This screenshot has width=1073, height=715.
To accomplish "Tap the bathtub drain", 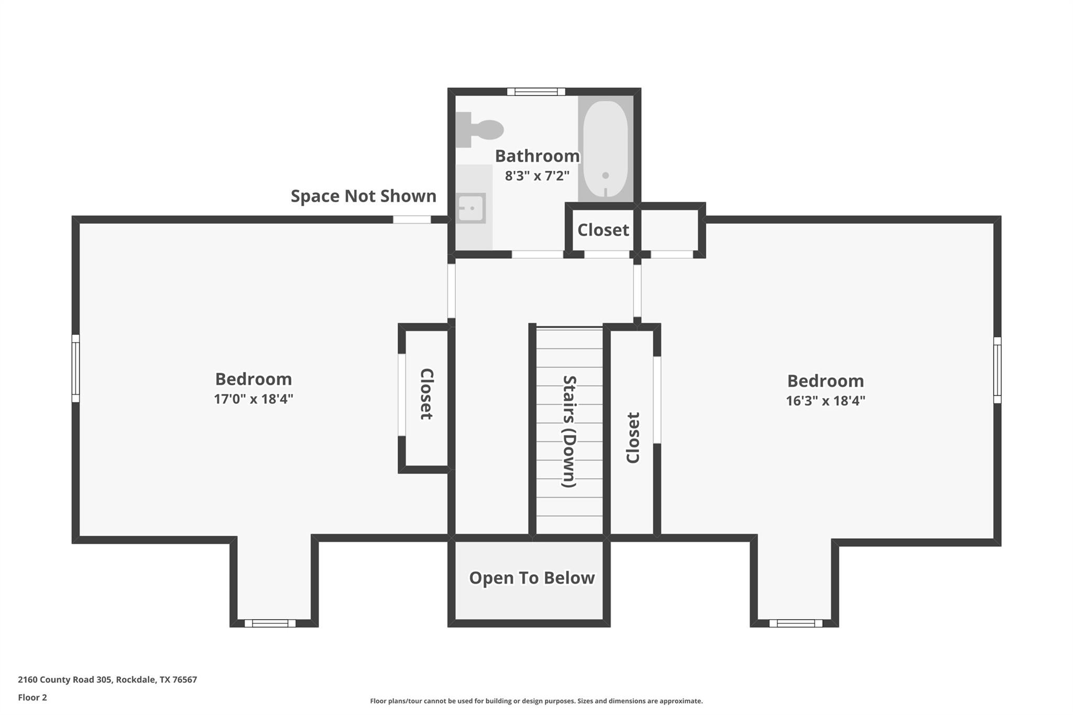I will click(605, 175).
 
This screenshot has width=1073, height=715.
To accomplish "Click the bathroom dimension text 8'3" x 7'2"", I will click(537, 176).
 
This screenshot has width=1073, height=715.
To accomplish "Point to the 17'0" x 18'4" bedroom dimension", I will click(253, 399).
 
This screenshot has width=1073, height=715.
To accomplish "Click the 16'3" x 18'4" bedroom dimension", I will click(825, 401).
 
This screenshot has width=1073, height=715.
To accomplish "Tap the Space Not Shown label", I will click(363, 196).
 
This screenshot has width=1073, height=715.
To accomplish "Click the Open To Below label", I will click(531, 578).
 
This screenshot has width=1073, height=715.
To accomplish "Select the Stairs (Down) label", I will click(569, 431).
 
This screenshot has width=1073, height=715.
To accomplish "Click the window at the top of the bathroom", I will click(536, 92).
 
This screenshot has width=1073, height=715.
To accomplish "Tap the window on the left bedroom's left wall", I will click(75, 368).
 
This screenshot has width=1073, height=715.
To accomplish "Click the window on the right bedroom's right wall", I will click(997, 370).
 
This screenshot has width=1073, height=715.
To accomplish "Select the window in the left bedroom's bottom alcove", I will click(270, 623).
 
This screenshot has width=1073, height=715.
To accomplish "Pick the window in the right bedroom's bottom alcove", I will click(795, 623).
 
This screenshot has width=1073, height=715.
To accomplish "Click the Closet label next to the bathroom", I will click(603, 230).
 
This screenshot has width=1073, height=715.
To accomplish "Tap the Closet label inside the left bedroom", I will click(426, 394).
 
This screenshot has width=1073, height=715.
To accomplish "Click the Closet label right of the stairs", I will click(633, 437).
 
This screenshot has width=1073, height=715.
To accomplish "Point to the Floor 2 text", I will click(32, 697).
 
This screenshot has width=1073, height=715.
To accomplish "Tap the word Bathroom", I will click(537, 156).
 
